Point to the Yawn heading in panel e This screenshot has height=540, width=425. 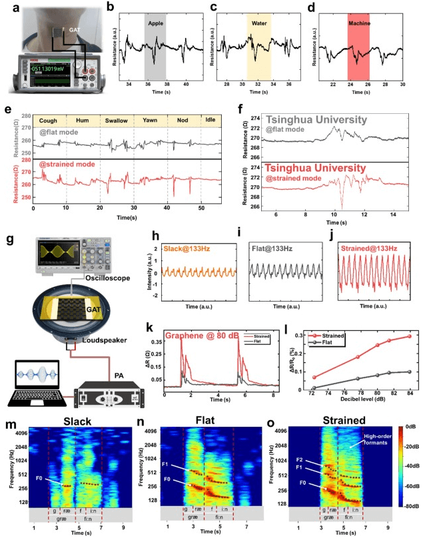coord(150,121)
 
